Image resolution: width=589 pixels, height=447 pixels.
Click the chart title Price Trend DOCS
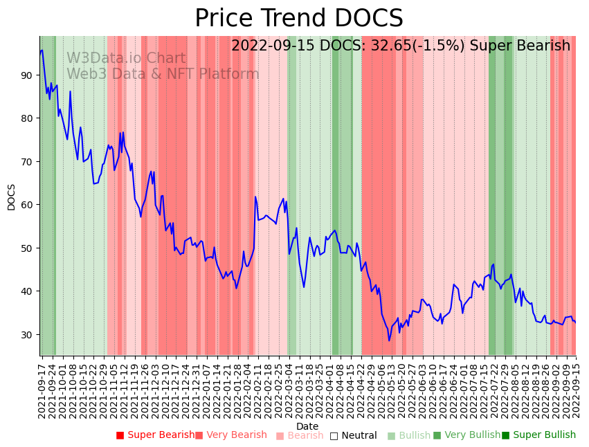click(x=298, y=19)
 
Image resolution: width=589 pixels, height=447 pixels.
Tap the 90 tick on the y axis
click(x=27, y=75)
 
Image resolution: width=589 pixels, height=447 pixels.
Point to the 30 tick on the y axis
click(x=27, y=334)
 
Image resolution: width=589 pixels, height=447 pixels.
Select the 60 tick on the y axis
click(x=27, y=205)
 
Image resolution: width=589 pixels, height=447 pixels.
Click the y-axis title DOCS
click(x=11, y=197)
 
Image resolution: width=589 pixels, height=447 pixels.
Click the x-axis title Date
click(x=307, y=426)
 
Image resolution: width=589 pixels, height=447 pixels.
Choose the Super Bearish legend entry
click(x=155, y=435)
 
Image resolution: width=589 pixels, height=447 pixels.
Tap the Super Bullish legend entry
click(x=538, y=435)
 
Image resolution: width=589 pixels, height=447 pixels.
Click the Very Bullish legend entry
click(x=466, y=435)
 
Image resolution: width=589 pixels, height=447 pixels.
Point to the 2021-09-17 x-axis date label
click(x=42, y=387)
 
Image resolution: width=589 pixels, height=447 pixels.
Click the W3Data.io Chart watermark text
click(x=126, y=59)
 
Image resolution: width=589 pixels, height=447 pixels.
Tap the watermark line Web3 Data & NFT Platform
click(x=163, y=75)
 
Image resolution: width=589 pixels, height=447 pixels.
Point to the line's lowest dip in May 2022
click(x=389, y=340)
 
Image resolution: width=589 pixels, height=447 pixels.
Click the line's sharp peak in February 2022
click(x=255, y=197)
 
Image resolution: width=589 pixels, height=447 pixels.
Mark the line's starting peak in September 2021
click(x=42, y=50)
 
